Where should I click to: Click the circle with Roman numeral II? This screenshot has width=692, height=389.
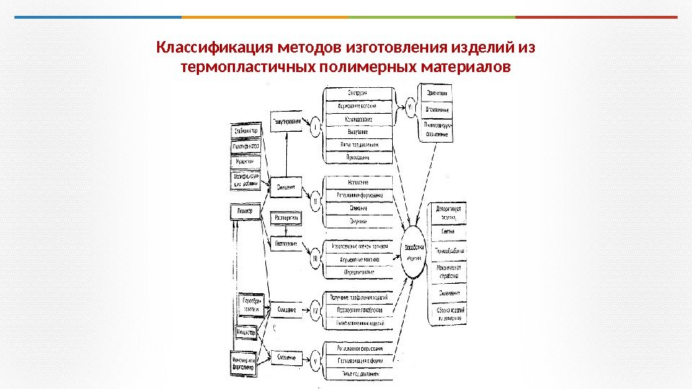[x=315, y=195]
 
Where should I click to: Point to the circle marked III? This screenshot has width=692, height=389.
[x=315, y=255]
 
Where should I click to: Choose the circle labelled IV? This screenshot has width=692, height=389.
[x=315, y=310]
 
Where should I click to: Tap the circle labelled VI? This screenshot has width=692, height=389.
[x=409, y=107]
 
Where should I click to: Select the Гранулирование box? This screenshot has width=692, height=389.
[x=286, y=122]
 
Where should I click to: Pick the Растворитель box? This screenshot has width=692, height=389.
[x=287, y=218]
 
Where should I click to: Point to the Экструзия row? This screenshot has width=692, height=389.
[x=359, y=94]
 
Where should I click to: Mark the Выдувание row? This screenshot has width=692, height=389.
[x=359, y=133]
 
